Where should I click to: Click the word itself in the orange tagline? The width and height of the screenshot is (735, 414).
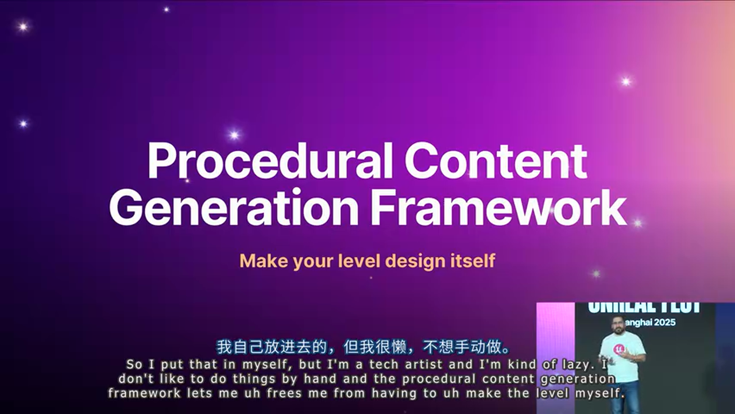coord(472,261)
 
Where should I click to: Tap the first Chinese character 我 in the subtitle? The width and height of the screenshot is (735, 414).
coord(224,348)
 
